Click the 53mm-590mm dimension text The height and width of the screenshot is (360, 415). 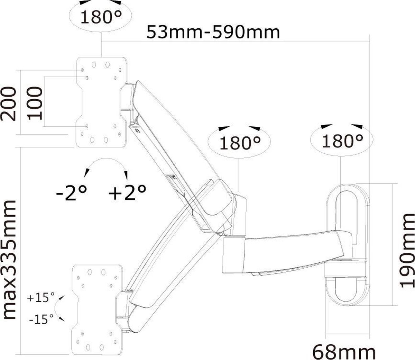213,32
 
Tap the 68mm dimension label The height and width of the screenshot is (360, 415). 344,352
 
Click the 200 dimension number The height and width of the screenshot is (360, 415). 9,104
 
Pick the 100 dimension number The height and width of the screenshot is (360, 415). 35,103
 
